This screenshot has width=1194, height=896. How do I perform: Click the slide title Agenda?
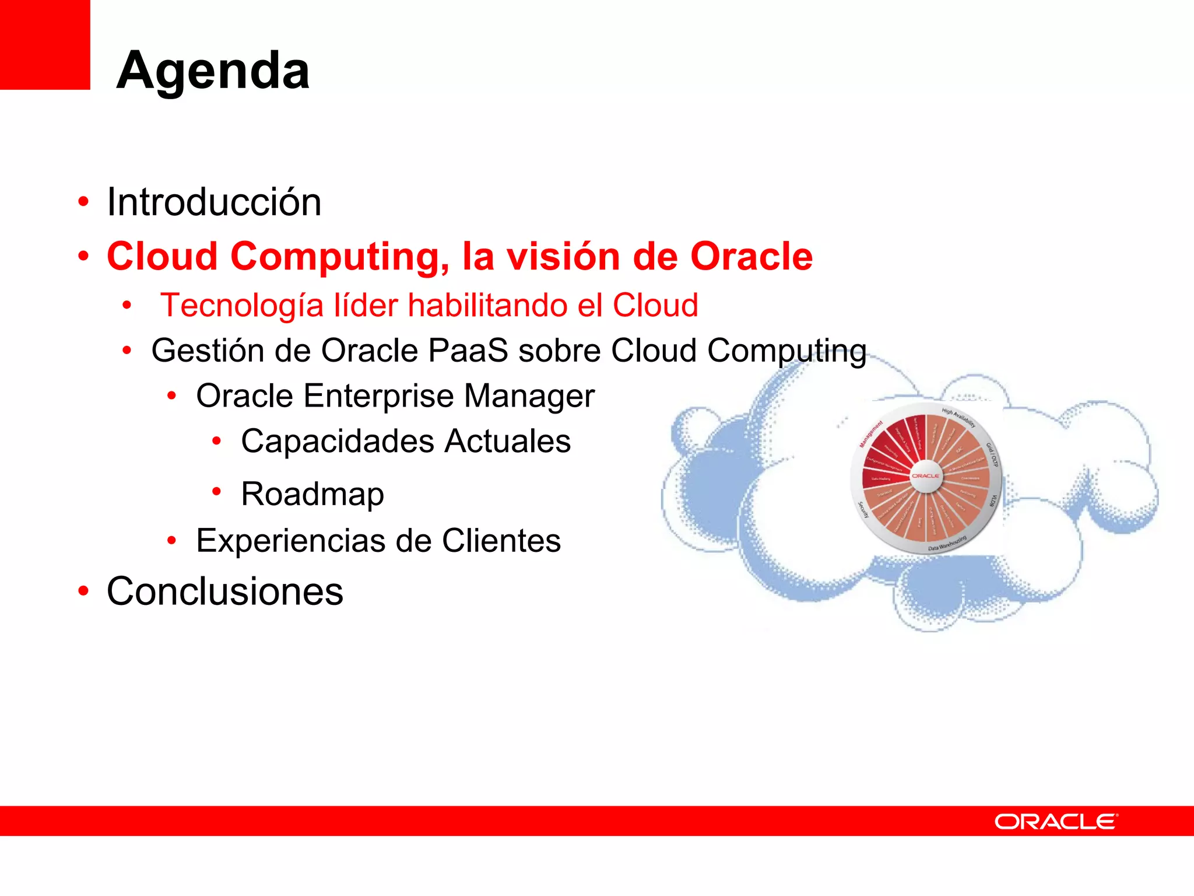tap(213, 70)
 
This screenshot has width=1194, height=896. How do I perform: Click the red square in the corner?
tap(44, 44)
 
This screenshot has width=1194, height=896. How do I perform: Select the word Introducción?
tap(214, 202)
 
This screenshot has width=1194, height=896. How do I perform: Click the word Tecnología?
tap(241, 306)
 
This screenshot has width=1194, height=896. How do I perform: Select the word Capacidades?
tap(336, 441)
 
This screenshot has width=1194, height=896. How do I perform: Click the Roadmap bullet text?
tap(312, 494)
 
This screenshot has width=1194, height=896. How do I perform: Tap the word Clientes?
tap(501, 541)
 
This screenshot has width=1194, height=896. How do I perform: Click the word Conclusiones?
tap(225, 591)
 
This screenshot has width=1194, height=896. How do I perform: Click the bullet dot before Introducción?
tap(83, 202)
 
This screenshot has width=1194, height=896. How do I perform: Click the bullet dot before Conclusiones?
tap(83, 591)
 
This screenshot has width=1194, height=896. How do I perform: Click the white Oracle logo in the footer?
tap(1056, 821)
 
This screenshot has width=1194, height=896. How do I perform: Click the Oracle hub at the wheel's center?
tap(926, 476)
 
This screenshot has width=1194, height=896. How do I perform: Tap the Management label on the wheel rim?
tap(871, 435)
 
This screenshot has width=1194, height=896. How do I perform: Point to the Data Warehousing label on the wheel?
tap(947, 543)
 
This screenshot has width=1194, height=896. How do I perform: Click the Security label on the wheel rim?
tap(863, 509)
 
